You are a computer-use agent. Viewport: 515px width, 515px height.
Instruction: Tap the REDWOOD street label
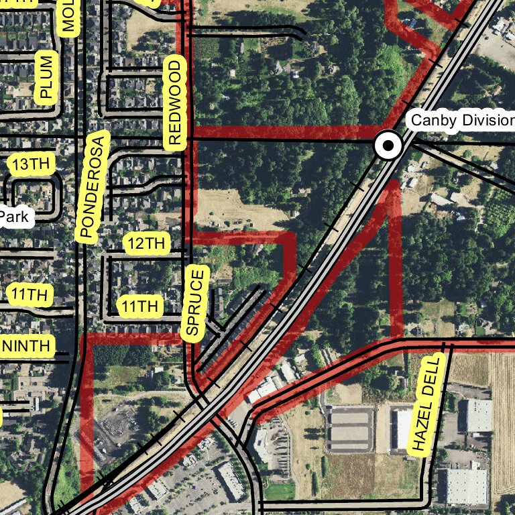click(x=174, y=103)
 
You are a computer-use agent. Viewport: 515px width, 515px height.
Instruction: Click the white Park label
click(x=14, y=217)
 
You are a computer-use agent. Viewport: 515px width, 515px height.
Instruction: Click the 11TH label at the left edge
click(x=28, y=294)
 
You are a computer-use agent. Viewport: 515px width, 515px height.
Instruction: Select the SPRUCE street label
click(x=194, y=302)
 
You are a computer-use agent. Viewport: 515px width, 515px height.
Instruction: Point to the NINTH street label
click(x=26, y=346)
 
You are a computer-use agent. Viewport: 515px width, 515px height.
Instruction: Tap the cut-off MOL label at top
click(x=68, y=17)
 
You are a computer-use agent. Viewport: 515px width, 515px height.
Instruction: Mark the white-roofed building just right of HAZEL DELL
click(x=478, y=415)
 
